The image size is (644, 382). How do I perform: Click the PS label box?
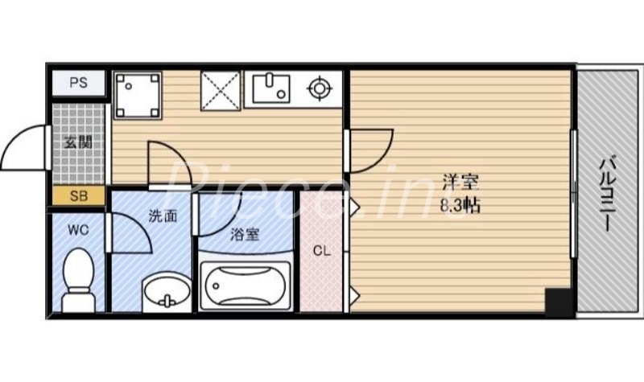[78, 83]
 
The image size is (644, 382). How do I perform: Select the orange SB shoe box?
[78, 195]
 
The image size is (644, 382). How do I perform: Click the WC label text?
[77, 230]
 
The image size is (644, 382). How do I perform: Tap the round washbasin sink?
[167, 293]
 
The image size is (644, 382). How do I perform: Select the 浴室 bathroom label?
[245, 236]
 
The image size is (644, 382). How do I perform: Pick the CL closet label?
[321, 251]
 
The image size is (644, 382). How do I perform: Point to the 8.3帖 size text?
[460, 206]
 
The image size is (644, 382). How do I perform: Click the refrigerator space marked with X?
[220, 88]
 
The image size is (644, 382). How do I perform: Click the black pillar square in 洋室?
[558, 302]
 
